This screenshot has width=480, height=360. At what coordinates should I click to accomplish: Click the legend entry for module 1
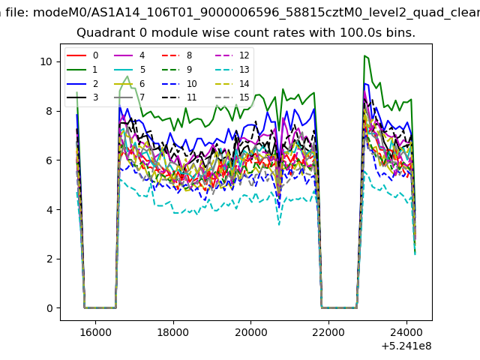point(82,70)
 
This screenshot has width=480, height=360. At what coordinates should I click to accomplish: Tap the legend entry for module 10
point(179,83)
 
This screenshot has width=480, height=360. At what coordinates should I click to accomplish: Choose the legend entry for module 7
point(129,97)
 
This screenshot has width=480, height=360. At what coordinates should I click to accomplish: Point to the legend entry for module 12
point(227,55)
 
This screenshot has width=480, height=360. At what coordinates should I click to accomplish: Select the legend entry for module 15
point(227,97)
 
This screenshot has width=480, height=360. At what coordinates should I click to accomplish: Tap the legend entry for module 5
point(129,70)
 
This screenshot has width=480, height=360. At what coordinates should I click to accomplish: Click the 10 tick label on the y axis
point(46,61)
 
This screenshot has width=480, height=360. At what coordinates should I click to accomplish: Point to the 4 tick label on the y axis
point(49,210)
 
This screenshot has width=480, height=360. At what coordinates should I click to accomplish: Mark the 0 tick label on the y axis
point(49,308)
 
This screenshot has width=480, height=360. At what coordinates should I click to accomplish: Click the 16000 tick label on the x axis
point(95,332)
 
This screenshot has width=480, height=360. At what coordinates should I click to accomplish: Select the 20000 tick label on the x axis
point(251,332)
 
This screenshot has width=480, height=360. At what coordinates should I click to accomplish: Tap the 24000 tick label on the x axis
point(406,332)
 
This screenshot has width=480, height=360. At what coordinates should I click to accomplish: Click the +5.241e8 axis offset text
point(406,346)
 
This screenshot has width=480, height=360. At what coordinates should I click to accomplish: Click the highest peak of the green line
point(364,55)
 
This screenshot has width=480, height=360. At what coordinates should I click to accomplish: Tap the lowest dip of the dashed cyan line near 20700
point(279,225)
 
